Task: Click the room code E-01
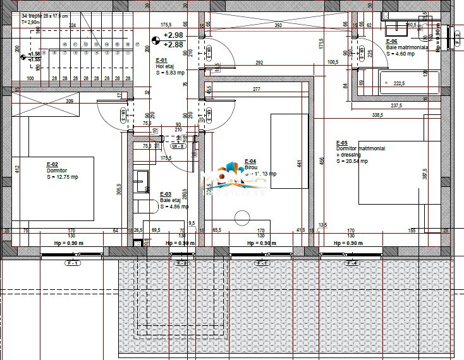161,60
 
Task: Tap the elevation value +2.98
173,35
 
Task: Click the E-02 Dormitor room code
52,164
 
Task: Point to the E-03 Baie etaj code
166,194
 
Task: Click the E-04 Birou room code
250,161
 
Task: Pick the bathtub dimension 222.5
399,83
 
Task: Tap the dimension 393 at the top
278,26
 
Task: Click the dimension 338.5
378,115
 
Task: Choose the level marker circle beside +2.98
155,40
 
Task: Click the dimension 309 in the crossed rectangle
70,101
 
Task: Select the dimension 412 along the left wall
18,169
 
